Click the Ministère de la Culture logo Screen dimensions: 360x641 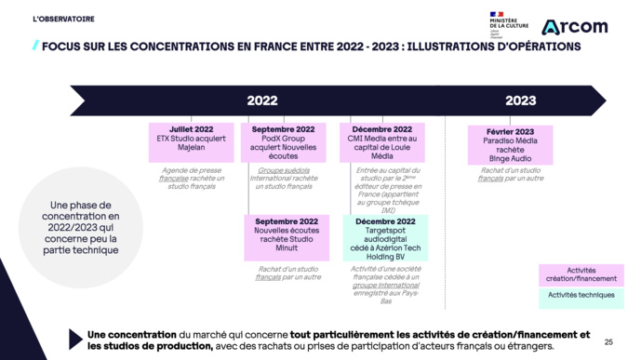click(x=508, y=22)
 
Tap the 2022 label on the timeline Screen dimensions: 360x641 click(x=261, y=100)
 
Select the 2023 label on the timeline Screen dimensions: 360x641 click(x=520, y=100)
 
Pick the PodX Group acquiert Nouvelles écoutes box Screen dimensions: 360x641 click(x=283, y=143)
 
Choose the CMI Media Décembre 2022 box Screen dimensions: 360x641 click(x=381, y=143)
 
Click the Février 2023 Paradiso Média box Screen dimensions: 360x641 click(x=510, y=145)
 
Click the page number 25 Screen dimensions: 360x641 click(x=608, y=340)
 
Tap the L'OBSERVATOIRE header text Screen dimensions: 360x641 click(x=63, y=18)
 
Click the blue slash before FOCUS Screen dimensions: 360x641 click(x=35, y=45)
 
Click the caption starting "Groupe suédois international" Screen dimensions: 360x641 click(x=285, y=178)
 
